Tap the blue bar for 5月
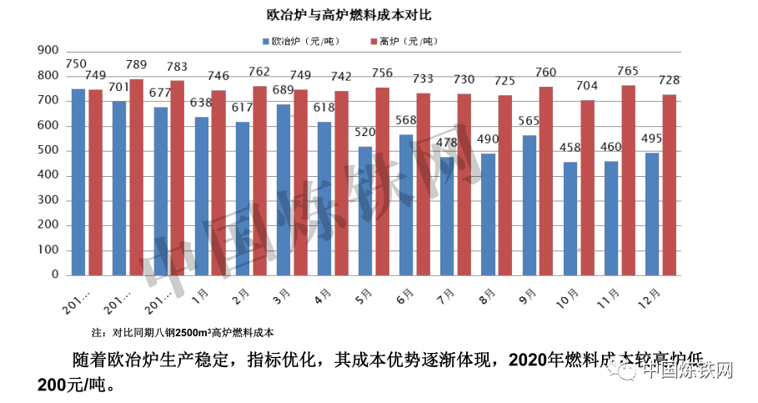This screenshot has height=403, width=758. (x=365, y=211)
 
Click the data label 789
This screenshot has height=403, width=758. (x=137, y=64)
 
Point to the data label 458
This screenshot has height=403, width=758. (x=570, y=148)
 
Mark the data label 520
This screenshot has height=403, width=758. (x=364, y=132)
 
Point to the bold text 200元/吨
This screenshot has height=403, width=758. (x=73, y=386)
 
